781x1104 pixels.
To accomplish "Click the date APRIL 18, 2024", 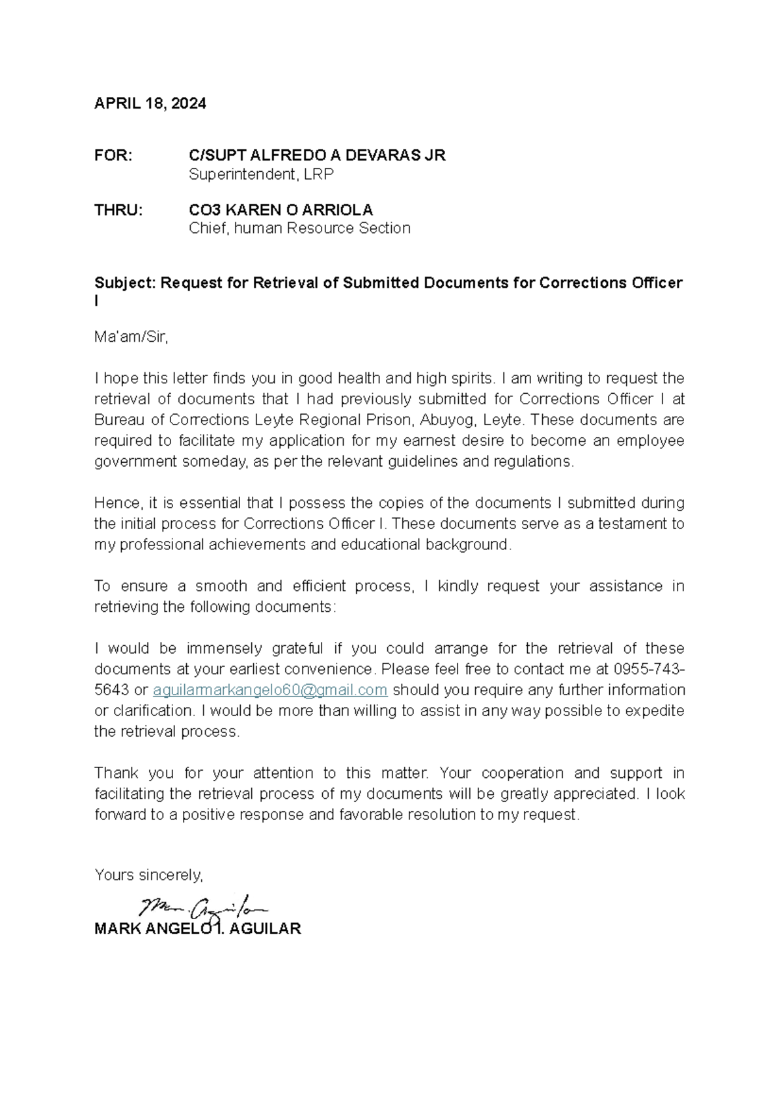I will pyautogui.click(x=150, y=103).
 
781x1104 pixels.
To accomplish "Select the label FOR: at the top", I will pyautogui.click(x=113, y=156).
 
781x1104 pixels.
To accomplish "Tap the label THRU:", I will pyautogui.click(x=118, y=210).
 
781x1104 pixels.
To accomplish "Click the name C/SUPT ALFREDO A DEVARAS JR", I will pyautogui.click(x=317, y=156).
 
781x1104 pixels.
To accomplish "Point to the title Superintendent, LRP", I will pyautogui.click(x=261, y=174).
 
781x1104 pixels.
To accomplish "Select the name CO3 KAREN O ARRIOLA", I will pyautogui.click(x=281, y=210).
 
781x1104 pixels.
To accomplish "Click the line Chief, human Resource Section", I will pyautogui.click(x=299, y=228).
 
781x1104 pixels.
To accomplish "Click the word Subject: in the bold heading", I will pyautogui.click(x=125, y=283).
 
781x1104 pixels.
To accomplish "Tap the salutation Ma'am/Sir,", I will pyautogui.click(x=131, y=337).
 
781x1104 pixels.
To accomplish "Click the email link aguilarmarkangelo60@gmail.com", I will pyautogui.click(x=270, y=690).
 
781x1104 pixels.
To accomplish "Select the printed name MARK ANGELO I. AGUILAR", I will pyautogui.click(x=197, y=929).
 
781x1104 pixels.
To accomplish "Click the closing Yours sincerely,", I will pyautogui.click(x=148, y=875).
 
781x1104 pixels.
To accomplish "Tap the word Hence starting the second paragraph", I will pyautogui.click(x=118, y=503).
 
